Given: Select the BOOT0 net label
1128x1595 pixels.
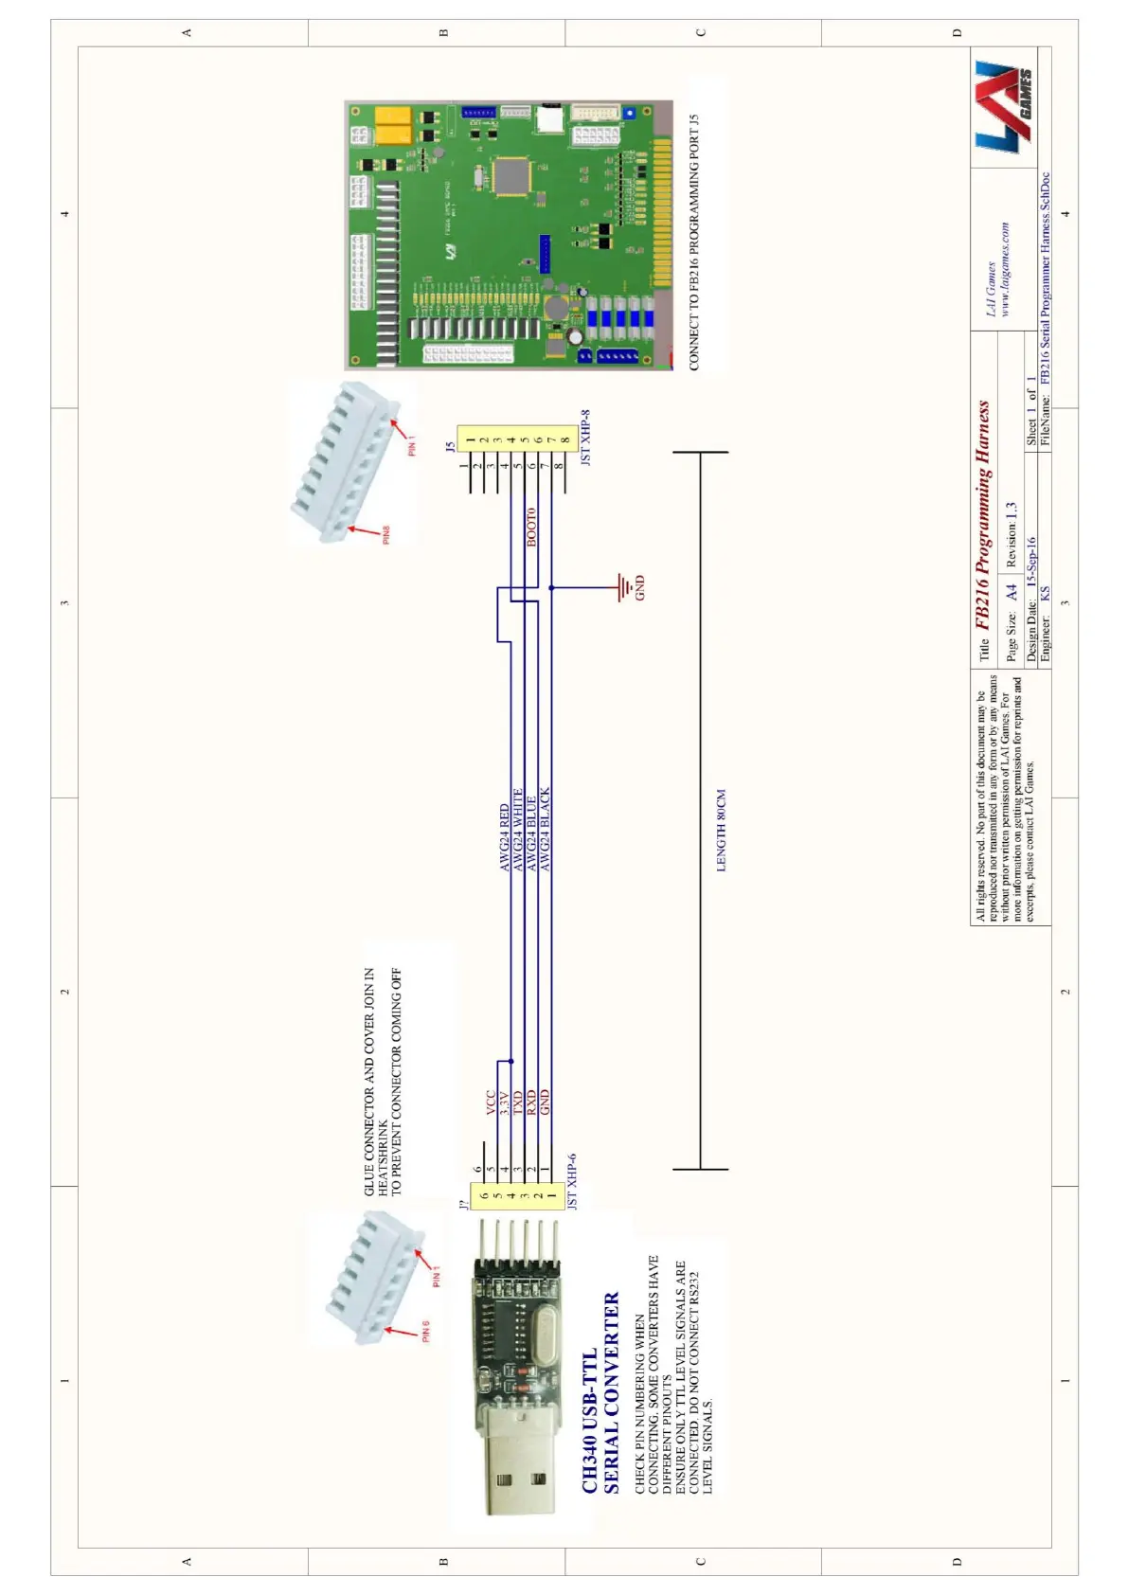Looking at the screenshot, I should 531,527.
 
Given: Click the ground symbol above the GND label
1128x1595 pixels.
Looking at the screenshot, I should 623,587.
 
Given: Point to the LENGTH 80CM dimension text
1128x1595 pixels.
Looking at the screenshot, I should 721,831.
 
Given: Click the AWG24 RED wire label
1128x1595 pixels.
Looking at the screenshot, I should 505,838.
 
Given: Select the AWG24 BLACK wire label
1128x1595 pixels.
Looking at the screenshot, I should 545,830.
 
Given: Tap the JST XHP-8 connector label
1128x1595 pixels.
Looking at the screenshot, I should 585,437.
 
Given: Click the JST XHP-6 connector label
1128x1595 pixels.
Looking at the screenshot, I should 572,1180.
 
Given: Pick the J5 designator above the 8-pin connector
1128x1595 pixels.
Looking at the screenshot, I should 450,445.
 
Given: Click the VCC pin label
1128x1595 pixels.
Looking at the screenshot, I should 492,1102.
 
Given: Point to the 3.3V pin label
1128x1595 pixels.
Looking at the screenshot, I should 505,1102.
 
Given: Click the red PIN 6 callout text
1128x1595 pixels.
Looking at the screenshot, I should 425,1330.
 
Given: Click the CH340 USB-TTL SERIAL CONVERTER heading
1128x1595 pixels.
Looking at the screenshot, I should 600,1392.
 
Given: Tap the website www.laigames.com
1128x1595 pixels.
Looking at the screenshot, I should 1005,269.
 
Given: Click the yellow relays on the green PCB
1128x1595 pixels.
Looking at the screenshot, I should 393,125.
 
